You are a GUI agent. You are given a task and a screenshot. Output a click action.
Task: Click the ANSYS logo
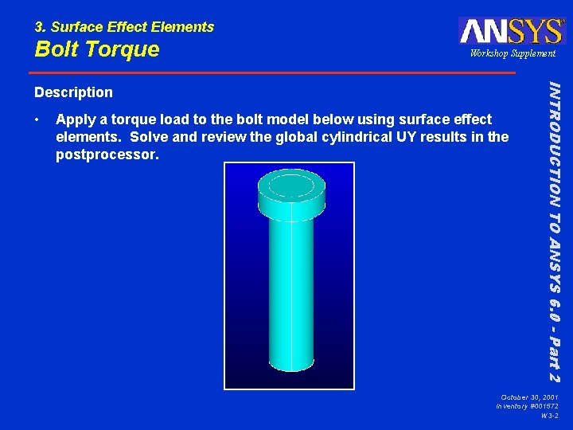511,30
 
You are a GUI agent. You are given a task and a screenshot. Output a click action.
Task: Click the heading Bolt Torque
96,49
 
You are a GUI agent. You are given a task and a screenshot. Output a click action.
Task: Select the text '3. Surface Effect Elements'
124,26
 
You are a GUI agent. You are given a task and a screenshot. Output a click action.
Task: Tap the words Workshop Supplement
513,53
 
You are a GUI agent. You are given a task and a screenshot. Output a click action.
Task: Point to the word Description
73,92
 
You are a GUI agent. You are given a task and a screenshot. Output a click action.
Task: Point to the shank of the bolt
290,287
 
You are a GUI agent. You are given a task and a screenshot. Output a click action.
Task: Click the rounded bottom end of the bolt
290,365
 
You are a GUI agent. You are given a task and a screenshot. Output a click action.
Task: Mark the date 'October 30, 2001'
529,397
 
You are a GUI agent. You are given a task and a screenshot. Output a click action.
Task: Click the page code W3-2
549,416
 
